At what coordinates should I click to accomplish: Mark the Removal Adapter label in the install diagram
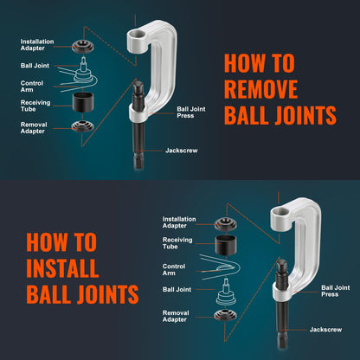pyautogui.click(x=177, y=317)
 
